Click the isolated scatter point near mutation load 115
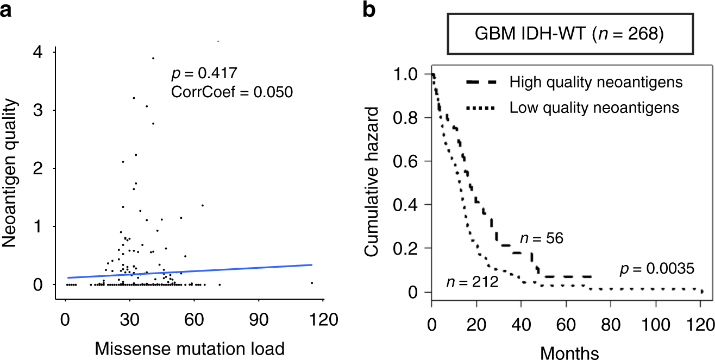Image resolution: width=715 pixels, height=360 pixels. click(312, 282)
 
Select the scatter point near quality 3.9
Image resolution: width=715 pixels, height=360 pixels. click(153, 58)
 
